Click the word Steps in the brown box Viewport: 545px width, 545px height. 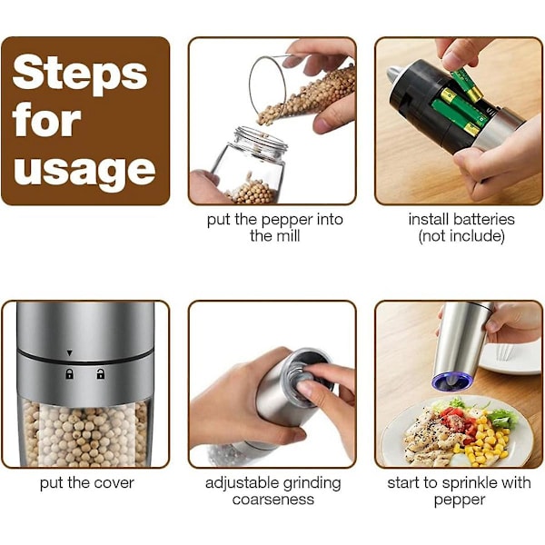click(80, 74)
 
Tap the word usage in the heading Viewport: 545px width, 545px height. click(84, 171)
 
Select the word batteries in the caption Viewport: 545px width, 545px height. click(486, 219)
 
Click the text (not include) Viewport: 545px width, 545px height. click(461, 236)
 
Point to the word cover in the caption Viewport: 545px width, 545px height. click(114, 483)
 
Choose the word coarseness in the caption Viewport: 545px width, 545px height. click(273, 500)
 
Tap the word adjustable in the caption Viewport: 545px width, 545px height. click(242, 483)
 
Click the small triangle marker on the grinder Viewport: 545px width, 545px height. click(70, 353)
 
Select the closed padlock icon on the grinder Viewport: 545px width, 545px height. click(70, 374)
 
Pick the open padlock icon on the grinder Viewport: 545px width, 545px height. click(101, 373)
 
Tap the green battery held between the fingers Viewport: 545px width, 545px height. click(467, 84)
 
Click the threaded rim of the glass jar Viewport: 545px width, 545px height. click(261, 139)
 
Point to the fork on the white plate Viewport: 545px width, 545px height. click(502, 352)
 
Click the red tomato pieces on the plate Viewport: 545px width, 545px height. click(458, 421)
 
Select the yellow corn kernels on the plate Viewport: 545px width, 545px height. click(485, 440)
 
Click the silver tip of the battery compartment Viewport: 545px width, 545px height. click(394, 74)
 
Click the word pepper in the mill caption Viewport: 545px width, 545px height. click(287, 221)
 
